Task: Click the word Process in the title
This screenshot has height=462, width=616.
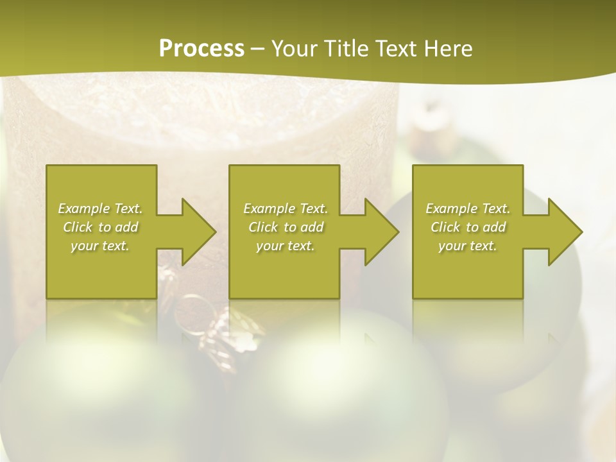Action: click(201, 49)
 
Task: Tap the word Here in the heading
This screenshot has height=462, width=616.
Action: click(447, 49)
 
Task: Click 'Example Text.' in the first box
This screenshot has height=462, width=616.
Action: click(101, 209)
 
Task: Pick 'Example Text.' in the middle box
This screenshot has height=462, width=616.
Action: click(286, 209)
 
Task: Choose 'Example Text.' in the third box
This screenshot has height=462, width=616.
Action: click(468, 209)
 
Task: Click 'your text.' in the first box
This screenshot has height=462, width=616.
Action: click(100, 246)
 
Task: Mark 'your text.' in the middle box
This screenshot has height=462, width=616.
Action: click(286, 246)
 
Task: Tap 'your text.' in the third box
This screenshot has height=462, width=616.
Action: click(468, 246)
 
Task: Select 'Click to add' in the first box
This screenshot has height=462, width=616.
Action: click(101, 227)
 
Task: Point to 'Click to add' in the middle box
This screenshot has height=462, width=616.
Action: click(286, 227)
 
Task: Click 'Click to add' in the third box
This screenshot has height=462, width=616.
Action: click(468, 227)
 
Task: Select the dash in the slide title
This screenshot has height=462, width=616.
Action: click(257, 49)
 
